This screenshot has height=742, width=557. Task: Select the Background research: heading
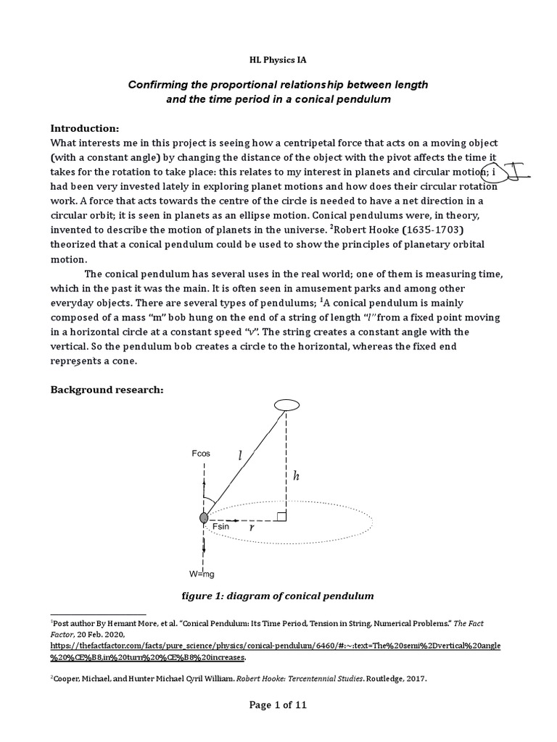107,390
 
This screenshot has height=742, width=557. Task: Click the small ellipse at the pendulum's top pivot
286,406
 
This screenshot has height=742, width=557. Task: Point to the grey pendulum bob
205,517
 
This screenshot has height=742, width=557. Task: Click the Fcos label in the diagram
202,454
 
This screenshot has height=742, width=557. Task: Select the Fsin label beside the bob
220,526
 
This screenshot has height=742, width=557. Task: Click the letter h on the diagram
296,476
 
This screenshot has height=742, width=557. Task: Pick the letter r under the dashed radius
251,528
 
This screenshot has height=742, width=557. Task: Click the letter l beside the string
240,456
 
